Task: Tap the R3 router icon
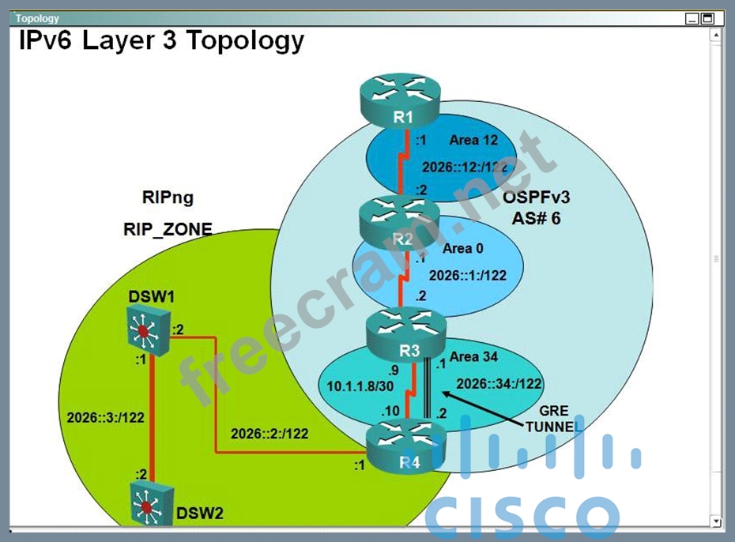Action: pos(405,333)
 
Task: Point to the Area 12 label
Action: pos(474,140)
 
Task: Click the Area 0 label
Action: pos(463,248)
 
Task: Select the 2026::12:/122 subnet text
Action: pos(465,167)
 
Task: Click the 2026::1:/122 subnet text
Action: pos(467,276)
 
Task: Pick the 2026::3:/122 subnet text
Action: pos(106,418)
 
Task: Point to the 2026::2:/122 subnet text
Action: pos(269,433)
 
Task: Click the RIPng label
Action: pos(168,198)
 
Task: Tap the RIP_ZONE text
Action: pos(168,230)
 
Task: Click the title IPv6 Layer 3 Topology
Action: pos(161,40)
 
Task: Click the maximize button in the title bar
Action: pos(707,18)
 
